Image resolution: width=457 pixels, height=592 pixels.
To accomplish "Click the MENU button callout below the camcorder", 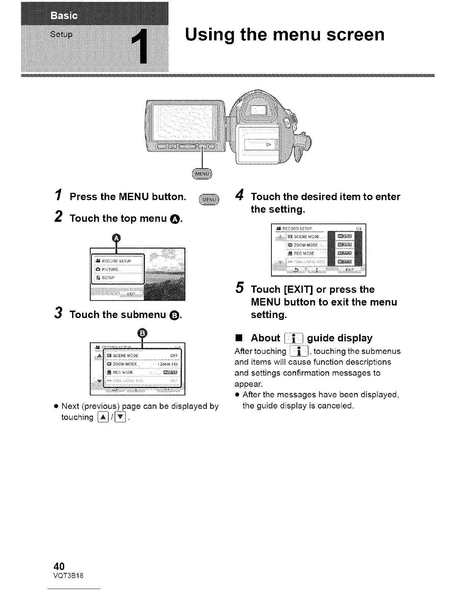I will pyautogui.click(x=202, y=174).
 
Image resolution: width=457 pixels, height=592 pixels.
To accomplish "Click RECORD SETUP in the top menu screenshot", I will pyautogui.click(x=116, y=260).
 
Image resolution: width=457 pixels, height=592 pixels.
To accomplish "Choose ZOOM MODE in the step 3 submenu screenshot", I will pyautogui.click(x=123, y=364).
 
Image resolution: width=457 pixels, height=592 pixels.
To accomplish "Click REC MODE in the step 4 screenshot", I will pyautogui.click(x=304, y=253).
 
